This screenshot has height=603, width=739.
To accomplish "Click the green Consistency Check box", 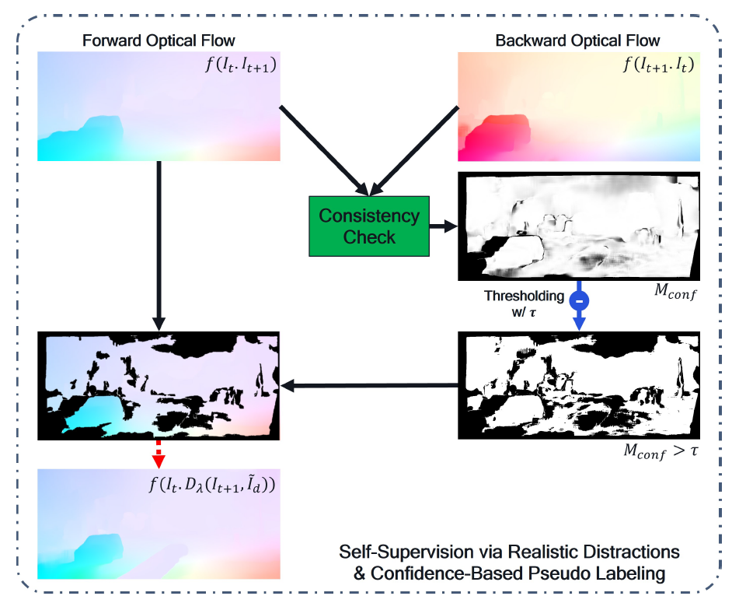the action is pyautogui.click(x=369, y=226).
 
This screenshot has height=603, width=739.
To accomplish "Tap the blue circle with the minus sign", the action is pyautogui.click(x=579, y=300).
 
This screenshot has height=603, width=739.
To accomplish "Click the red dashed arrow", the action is pyautogui.click(x=159, y=454).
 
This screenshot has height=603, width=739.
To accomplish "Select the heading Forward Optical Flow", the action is pyautogui.click(x=159, y=40).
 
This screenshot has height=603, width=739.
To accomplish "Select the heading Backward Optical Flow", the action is pyautogui.click(x=577, y=40).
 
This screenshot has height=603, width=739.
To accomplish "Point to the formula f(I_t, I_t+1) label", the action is pyautogui.click(x=240, y=64).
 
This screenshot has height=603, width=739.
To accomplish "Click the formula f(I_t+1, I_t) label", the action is pyautogui.click(x=658, y=64).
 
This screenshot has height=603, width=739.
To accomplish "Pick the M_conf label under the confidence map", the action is pyautogui.click(x=675, y=292).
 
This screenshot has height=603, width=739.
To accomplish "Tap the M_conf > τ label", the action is pyautogui.click(x=661, y=451).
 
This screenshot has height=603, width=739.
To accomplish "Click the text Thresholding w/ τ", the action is pyautogui.click(x=524, y=303).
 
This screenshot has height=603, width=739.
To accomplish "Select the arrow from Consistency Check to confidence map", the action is pyautogui.click(x=444, y=227).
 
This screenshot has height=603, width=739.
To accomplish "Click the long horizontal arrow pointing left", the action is pyautogui.click(x=370, y=385).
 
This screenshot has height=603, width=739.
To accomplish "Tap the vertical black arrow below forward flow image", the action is pyautogui.click(x=159, y=246).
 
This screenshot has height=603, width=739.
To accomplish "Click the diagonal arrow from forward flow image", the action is pyautogui.click(x=324, y=150).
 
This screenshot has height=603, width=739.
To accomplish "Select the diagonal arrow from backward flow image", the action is pyautogui.click(x=415, y=150).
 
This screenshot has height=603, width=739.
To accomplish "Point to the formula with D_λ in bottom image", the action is pyautogui.click(x=211, y=484).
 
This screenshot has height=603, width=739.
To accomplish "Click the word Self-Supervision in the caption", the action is pyautogui.click(x=406, y=552).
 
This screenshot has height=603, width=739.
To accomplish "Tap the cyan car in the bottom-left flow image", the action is pyautogui.click(x=98, y=549).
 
